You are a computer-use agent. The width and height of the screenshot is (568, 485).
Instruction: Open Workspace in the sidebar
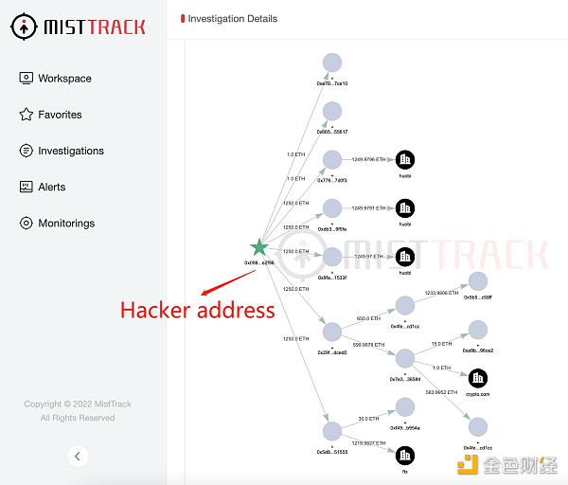pyautogui.click(x=64, y=79)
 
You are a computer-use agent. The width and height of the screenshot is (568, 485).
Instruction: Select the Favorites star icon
pyautogui.click(x=27, y=115)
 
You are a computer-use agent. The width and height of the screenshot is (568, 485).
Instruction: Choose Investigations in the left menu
pyautogui.click(x=70, y=151)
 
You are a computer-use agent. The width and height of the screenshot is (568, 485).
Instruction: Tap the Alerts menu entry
pyautogui.click(x=51, y=187)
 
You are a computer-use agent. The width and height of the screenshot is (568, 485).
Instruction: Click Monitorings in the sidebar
pyautogui.click(x=66, y=223)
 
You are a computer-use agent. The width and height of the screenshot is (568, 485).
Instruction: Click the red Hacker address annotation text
pyautogui.click(x=197, y=310)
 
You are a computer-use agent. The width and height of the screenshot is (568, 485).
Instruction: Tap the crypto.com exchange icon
pyautogui.click(x=478, y=379)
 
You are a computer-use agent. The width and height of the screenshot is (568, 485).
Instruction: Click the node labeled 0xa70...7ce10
pyautogui.click(x=331, y=63)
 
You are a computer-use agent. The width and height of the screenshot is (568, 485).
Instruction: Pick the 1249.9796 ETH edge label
pyautogui.click(x=368, y=160)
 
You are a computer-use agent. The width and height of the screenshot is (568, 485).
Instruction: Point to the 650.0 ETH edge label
pyautogui.click(x=368, y=319)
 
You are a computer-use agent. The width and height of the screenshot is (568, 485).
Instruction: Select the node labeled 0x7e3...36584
pyautogui.click(x=404, y=359)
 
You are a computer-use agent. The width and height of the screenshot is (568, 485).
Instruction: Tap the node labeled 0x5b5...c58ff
pyautogui.click(x=478, y=281)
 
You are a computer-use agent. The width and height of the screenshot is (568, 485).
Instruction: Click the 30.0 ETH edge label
pyautogui.click(x=368, y=418)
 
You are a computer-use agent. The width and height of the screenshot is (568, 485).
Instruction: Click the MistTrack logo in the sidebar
pyautogui.click(x=81, y=27)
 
